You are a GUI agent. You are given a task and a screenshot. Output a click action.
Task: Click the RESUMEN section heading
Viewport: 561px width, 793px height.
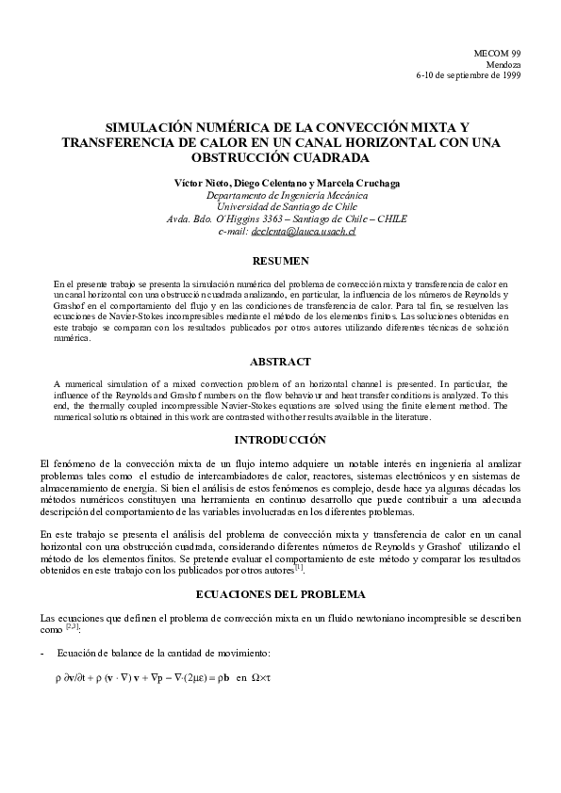click(x=280, y=259)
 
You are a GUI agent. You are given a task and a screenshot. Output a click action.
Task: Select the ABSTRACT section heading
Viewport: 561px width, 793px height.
click(x=280, y=361)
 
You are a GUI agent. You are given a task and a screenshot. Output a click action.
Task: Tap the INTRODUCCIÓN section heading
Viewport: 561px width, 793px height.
click(x=280, y=440)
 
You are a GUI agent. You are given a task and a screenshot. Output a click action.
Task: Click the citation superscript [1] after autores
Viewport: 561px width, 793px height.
click(x=298, y=567)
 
